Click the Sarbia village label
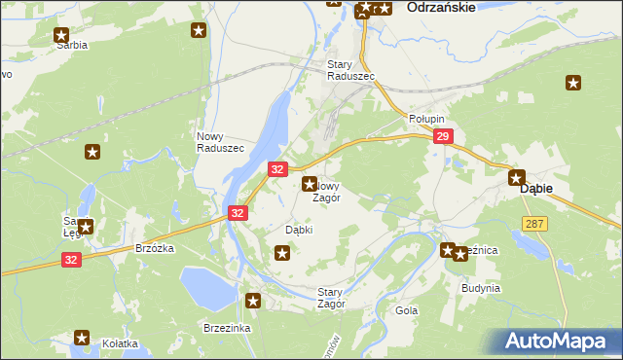[72, 45]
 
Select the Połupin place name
[424, 117]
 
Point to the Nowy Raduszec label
[220, 141]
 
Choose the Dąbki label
[298, 230]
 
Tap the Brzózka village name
[155, 248]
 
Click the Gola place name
[406, 310]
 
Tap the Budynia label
[481, 288]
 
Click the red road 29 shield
[443, 137]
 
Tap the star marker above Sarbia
[61, 34]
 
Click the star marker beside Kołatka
[82, 338]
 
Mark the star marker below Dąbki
[283, 254]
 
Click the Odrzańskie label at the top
[441, 7]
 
